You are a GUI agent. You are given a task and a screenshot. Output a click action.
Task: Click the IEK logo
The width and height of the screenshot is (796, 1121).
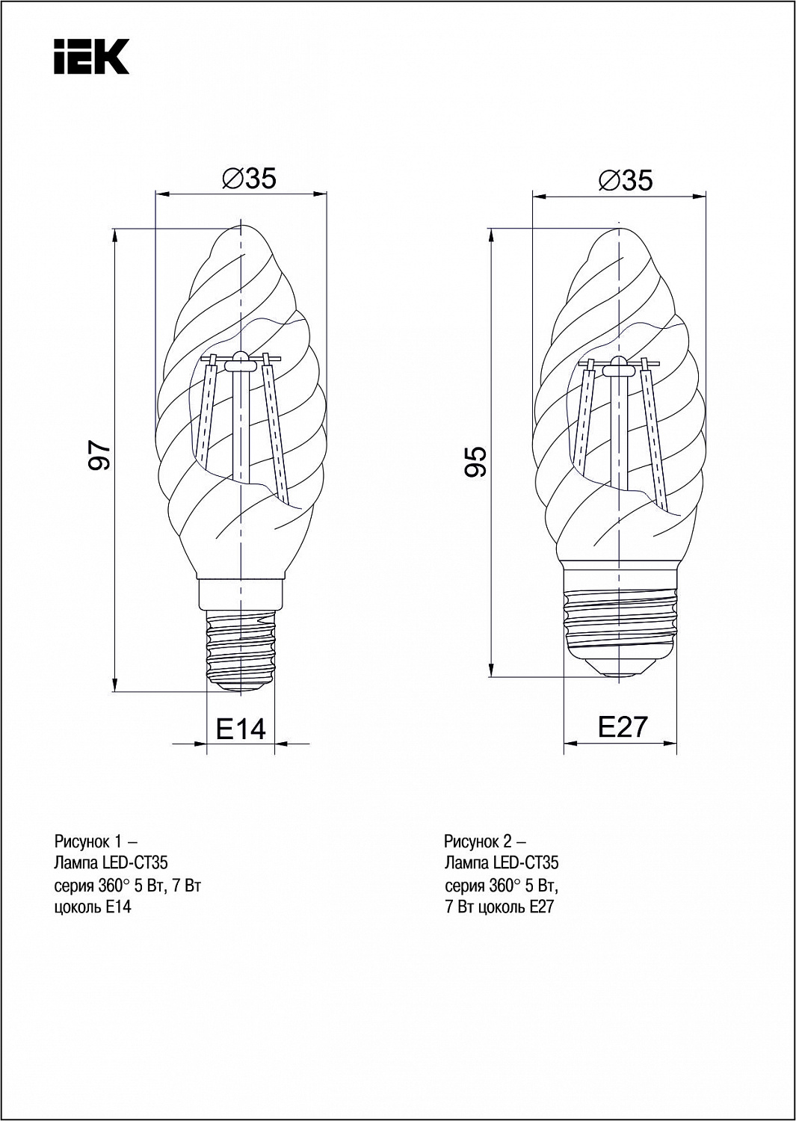click(x=92, y=57)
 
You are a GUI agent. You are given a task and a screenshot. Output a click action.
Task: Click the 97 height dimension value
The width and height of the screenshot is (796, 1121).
click(x=99, y=455)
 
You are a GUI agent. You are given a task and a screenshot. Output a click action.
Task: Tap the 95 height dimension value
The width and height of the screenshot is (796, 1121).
click(x=475, y=461)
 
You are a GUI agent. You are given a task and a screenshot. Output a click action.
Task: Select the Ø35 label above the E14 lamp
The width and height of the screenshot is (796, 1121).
click(x=249, y=178)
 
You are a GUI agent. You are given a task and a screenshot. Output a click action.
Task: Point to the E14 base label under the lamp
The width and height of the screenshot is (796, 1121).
click(x=241, y=729)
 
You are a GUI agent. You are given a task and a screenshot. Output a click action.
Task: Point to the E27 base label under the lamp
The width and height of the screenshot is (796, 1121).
click(x=623, y=726)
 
